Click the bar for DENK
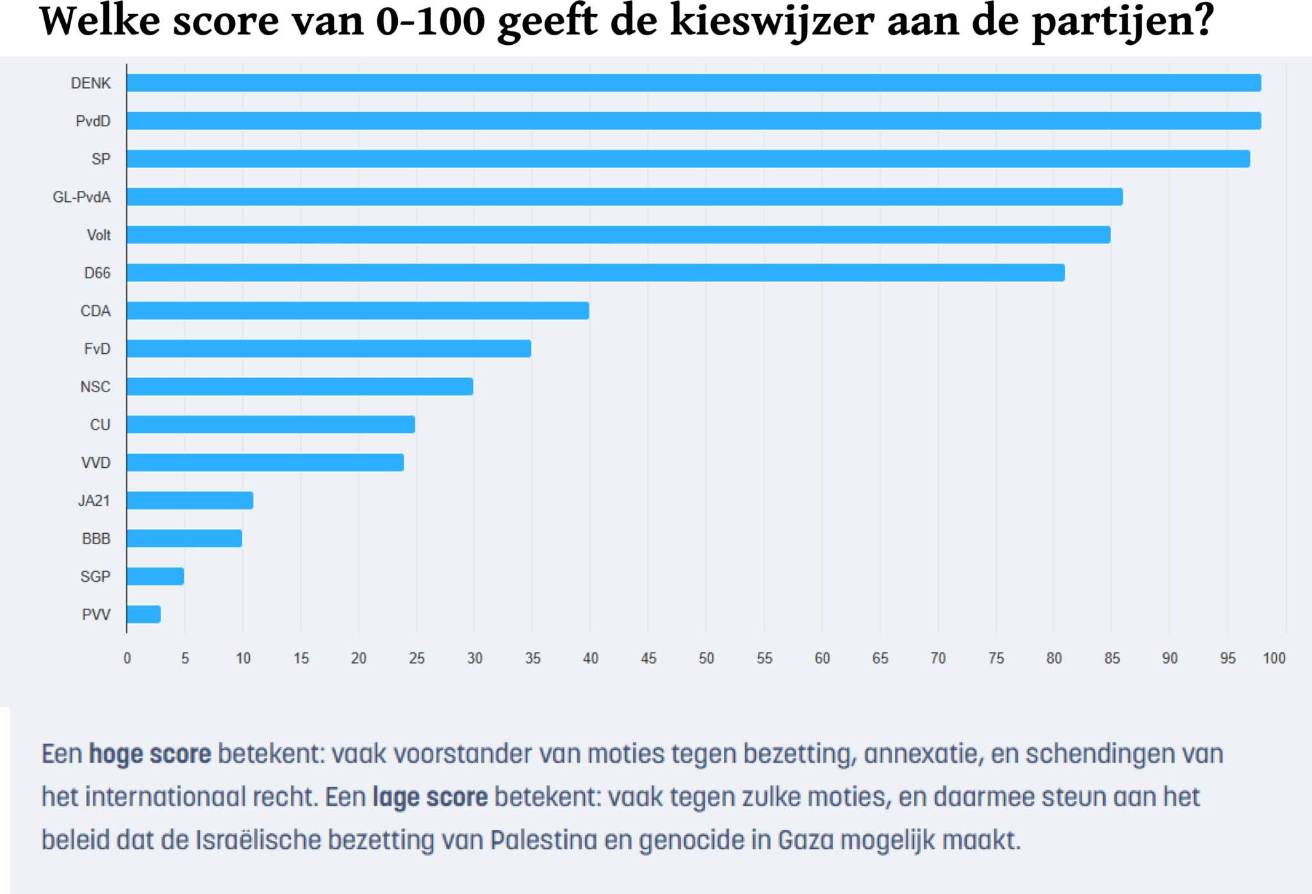point(694,83)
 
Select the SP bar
point(688,159)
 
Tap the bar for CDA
point(358,311)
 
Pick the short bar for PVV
point(143,614)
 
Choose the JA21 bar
point(190,501)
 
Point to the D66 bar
point(596,273)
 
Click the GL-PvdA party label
point(81,197)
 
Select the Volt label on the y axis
point(99,235)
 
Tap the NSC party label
point(95,387)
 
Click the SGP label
point(95,577)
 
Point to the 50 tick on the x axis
point(706,658)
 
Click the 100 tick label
point(1274,658)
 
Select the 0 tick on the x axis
point(127,658)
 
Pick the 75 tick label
point(996,658)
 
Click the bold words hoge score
point(150,754)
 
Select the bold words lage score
point(430,797)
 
